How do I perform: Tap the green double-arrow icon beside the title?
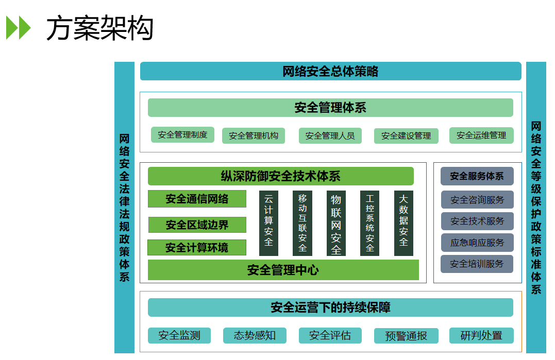18,28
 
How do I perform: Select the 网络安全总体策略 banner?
330,71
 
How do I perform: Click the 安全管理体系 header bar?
330,108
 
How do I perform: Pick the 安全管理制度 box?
182,135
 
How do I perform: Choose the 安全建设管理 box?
406,136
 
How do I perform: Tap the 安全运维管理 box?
481,135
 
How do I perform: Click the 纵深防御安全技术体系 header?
280,176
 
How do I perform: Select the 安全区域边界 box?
197,225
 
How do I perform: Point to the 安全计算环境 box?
196,248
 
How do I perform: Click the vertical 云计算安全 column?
268,223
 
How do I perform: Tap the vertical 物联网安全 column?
336,223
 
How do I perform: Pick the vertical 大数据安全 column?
403,223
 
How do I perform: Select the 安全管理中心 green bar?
283,270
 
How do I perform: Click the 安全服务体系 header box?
477,176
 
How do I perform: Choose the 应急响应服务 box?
477,243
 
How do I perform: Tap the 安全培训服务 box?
477,264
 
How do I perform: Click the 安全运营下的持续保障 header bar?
330,307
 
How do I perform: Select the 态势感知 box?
255,336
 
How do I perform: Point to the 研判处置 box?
481,336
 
